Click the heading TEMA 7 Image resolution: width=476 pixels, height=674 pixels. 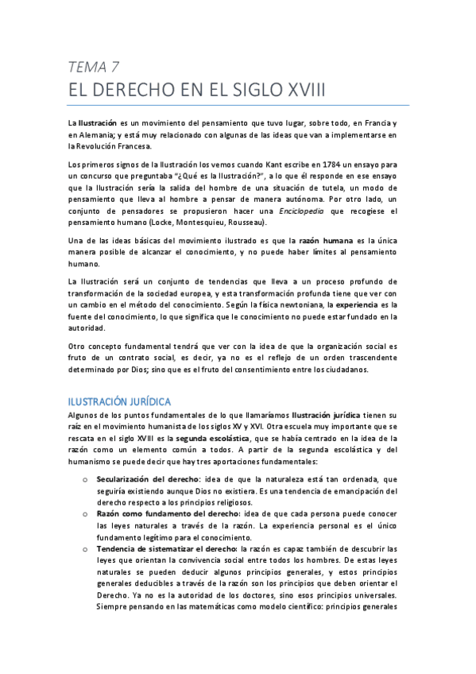(93, 66)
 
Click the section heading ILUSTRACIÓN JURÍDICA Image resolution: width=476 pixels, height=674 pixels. (119, 401)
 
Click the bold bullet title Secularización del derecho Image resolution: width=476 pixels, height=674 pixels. (147, 480)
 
